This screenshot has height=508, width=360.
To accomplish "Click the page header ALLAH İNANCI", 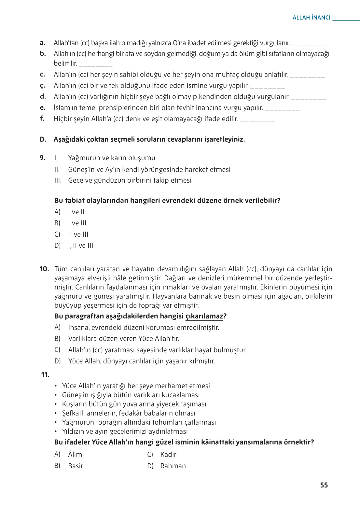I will pos(311,18).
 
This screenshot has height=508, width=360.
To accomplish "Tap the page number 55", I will pos(324,485).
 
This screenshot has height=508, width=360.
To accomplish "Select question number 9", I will pos(42,158).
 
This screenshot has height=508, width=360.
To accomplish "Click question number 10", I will pos(44,269).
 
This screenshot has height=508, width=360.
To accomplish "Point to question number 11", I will pos(45,375).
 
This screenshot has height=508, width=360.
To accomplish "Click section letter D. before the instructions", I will pos(43,139).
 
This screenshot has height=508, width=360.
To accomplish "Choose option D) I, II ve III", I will pos(80,246).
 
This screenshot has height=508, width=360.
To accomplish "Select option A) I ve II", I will pos(76,212).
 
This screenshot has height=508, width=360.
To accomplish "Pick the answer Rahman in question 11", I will pos(173,466).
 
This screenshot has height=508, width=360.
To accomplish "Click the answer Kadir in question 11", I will pos(168,455).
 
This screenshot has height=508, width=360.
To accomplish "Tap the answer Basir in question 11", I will pos(76,466).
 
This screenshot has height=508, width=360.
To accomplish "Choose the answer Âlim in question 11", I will pos(75,455).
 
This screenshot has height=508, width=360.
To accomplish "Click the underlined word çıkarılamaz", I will pos(204,316).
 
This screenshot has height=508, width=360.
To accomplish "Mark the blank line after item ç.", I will pos(268,87).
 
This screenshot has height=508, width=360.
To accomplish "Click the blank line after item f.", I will pos(257,120).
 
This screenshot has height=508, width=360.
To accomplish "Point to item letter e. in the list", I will pos(42,107).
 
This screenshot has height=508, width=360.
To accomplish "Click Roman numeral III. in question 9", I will pos(58,180).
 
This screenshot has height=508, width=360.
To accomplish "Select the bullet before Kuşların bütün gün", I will pos(56,404).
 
